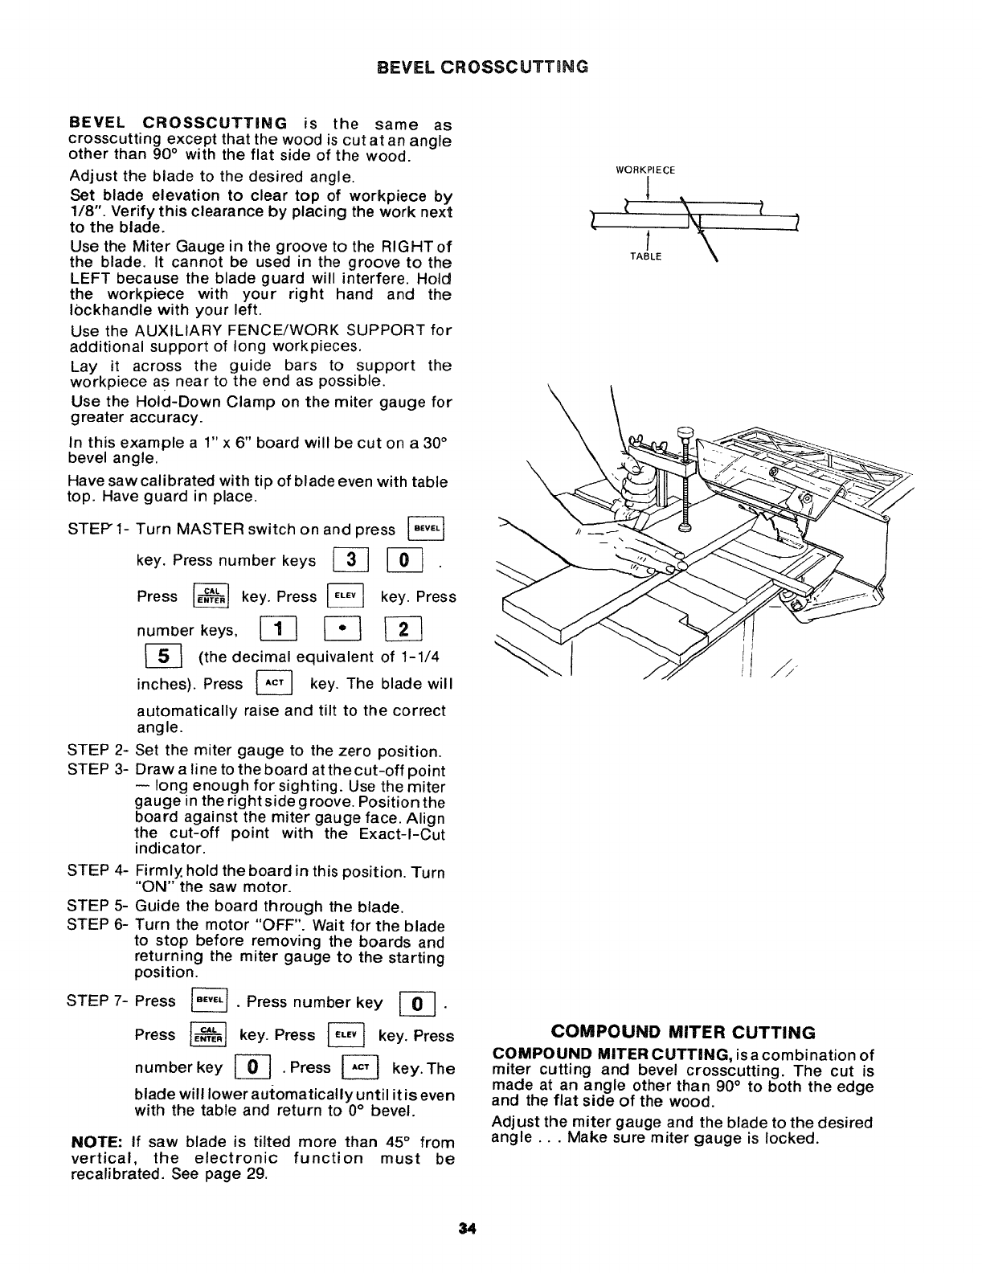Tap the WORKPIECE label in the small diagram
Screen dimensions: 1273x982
[x=645, y=170]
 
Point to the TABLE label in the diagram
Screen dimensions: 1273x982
[x=646, y=256]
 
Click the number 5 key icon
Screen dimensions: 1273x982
[x=151, y=657]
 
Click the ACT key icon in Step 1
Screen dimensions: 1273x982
[x=272, y=684]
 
